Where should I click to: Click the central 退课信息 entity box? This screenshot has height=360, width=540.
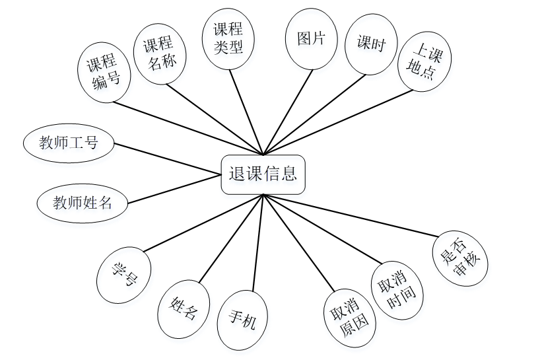coord(263,174)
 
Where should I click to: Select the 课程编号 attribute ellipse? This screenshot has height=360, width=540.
coord(105,73)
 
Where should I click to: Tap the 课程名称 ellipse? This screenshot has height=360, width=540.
coord(159,55)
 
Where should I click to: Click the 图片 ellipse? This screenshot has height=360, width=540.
coord(312,40)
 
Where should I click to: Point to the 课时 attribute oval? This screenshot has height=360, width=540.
coord(371,44)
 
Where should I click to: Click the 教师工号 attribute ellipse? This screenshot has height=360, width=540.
coord(69,143)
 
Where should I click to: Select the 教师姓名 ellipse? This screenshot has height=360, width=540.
coord(83,203)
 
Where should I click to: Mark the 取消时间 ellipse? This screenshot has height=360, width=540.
coord(397,291)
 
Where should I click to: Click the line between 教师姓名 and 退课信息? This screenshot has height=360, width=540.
coord(174,189)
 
